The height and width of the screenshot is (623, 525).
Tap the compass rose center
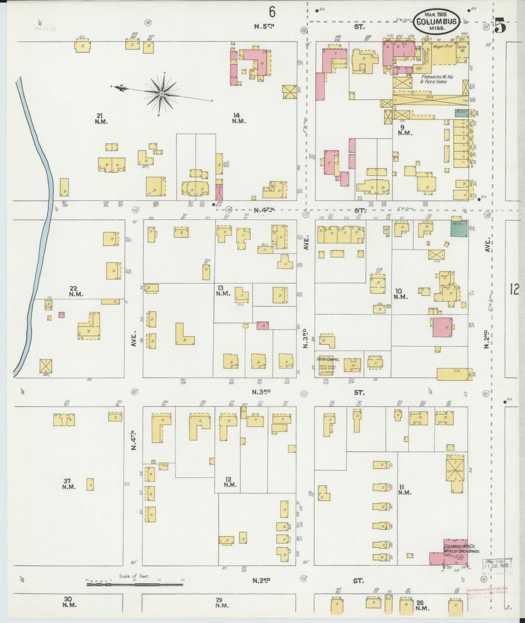click(x=161, y=94)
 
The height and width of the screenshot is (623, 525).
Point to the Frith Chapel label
click(x=328, y=360)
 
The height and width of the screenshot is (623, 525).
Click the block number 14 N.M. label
click(x=239, y=118)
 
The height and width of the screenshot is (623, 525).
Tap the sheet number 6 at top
click(x=272, y=12)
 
